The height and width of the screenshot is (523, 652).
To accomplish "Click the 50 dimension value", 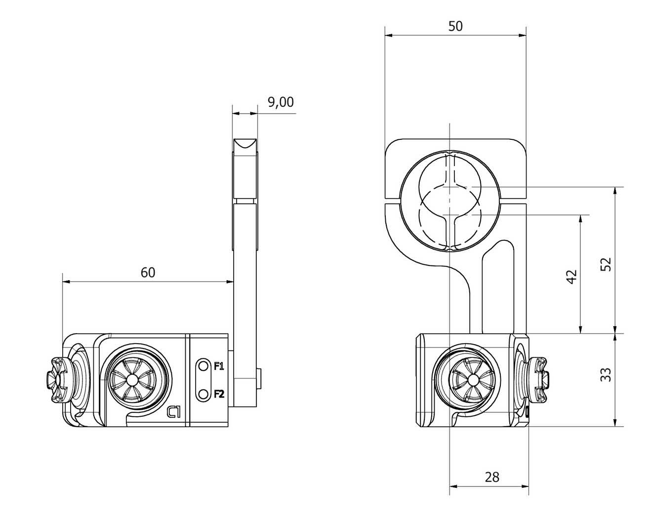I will click(455, 26).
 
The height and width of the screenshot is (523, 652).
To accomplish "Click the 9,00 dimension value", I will click(281, 102).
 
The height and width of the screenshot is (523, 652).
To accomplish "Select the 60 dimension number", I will click(148, 272).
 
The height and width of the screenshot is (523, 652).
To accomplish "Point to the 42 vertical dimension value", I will click(571, 276).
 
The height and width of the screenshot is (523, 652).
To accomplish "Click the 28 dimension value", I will click(492, 477).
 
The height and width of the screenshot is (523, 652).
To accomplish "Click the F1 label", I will click(219, 366).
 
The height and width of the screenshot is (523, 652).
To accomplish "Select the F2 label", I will click(219, 394).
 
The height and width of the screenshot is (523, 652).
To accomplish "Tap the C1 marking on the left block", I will click(174, 411).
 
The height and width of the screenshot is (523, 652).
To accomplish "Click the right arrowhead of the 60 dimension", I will click(229, 282).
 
